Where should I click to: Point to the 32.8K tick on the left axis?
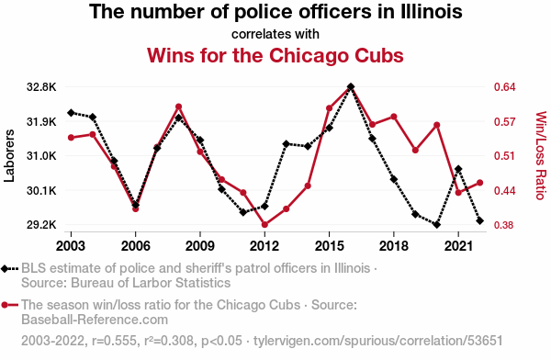point(41,87)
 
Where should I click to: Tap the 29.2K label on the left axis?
point(41,225)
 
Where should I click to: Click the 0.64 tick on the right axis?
point(504,87)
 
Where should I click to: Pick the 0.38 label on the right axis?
point(504,225)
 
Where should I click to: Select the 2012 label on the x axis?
point(264,246)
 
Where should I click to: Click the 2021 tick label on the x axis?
point(458,246)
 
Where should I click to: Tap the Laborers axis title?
point(9,156)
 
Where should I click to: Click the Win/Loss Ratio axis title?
point(541,155)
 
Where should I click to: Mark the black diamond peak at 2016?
point(351,86)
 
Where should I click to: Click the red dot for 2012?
point(264,225)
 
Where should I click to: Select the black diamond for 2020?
point(437,225)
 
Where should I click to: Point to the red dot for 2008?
point(178,107)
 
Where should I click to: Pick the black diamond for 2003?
point(71,113)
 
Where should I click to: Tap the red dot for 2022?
point(479,183)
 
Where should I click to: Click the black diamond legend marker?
point(5,269)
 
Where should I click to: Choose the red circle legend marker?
point(5,305)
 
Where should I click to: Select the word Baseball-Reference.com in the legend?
point(95,320)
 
